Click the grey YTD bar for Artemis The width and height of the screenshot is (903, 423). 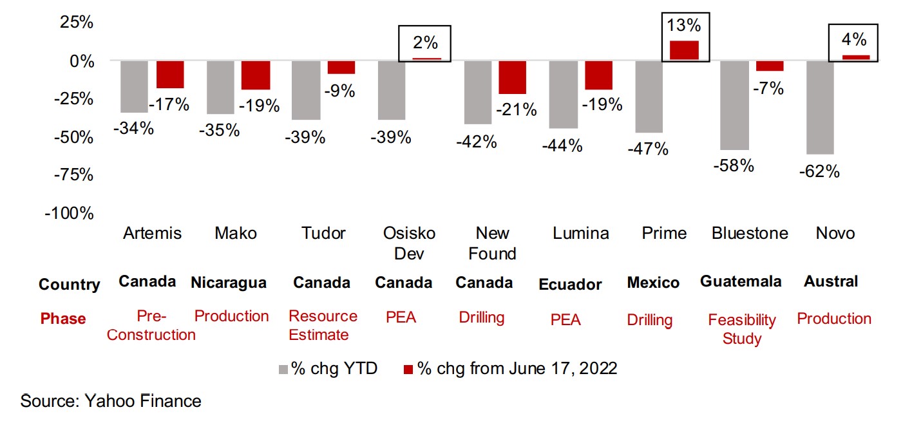point(134,86)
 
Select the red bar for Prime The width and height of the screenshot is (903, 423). point(684,50)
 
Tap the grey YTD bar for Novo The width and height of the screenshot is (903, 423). point(820,108)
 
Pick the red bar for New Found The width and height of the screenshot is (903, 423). point(512,77)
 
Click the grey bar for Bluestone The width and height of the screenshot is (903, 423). point(734,105)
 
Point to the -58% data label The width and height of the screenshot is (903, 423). point(734,165)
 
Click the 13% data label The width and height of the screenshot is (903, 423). point(684,26)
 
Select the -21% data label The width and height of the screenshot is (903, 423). point(517,109)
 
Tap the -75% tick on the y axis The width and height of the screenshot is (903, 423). point(69,175)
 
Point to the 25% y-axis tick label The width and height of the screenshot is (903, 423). point(77,23)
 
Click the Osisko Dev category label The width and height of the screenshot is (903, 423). point(409,243)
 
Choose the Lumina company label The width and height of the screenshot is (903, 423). point(580,233)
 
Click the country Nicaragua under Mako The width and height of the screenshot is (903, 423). point(229,283)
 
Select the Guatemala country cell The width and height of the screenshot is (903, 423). point(741,281)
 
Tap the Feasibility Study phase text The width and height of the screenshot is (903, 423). point(742,329)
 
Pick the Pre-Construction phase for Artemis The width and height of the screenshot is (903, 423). point(151,325)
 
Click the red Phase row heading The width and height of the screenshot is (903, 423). point(62,319)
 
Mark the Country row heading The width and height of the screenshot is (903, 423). point(70,285)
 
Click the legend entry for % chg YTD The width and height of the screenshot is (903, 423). point(328,369)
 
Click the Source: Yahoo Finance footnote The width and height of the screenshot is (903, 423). point(111,401)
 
